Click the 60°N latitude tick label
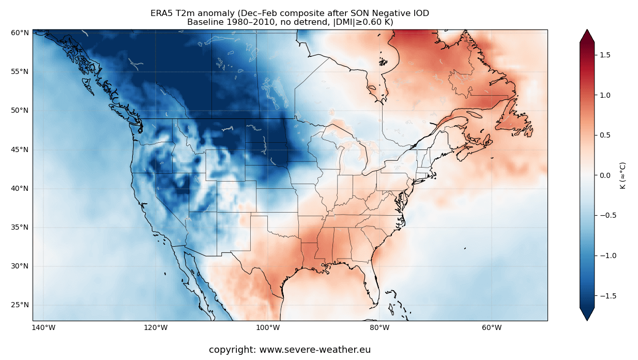[20, 33]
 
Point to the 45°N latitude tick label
[20, 149]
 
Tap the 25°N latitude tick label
[20, 305]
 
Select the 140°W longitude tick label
[43, 327]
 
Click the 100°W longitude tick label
[268, 327]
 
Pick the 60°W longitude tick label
[492, 327]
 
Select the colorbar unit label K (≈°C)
[623, 175]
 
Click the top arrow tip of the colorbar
[587, 31]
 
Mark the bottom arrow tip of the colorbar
[587, 320]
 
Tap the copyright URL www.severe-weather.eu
[314, 350]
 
